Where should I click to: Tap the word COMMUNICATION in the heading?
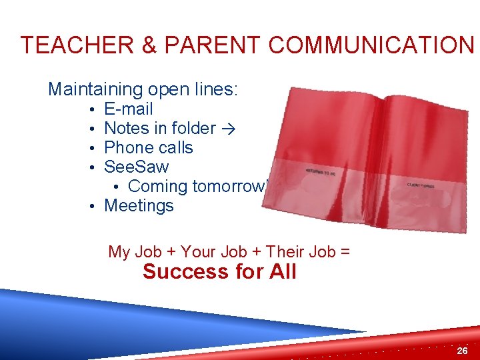coord(371,45)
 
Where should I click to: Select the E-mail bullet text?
coord(129,109)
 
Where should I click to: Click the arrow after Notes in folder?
coord(229,129)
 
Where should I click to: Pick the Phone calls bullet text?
coord(149,147)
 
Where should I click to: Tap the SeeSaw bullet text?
coord(137,167)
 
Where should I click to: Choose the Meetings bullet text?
coord(139,205)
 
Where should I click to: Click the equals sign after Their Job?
coord(345,252)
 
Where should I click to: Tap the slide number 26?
coord(462,350)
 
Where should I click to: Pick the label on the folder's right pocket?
coord(420,185)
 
